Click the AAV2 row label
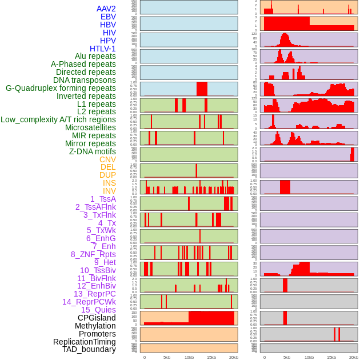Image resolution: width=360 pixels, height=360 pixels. coord(106,9)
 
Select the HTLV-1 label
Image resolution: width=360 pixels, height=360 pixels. coord(102,49)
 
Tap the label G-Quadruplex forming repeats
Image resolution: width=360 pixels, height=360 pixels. coord(61,88)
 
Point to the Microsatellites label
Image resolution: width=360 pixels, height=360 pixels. coord(90,127)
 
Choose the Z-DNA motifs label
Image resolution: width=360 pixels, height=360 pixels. coord(92,151)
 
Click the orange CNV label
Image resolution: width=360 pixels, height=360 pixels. coord(107,159)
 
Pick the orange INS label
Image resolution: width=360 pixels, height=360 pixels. coord(109,183)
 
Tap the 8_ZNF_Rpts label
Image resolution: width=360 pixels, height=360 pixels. coord(93,254)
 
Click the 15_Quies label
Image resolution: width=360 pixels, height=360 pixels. coord(98,310)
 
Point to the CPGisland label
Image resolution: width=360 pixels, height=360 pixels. coord(97,318)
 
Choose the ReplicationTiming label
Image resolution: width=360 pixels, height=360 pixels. coord(84,342)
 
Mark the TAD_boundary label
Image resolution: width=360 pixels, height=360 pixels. coord(89,349)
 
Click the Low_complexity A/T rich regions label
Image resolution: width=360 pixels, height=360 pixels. coord(58,119)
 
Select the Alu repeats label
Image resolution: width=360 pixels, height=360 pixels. coord(95,56)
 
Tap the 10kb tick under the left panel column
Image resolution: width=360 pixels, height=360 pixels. coord(189,357)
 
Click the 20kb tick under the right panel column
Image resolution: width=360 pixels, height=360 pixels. coord(354,357)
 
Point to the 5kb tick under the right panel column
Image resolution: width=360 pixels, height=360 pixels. coord(286,357)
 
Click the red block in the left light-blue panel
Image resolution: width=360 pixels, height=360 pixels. coord(202,89)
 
